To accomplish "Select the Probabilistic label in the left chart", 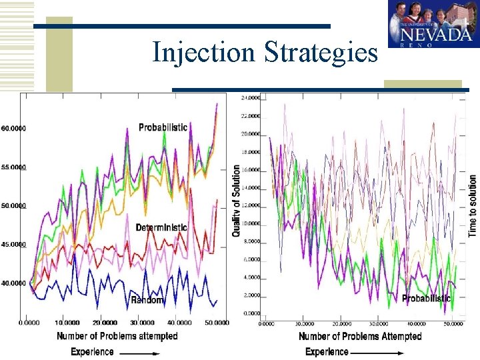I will point(163,127).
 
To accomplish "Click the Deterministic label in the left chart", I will point(161,227).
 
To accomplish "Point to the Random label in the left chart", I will point(147,300).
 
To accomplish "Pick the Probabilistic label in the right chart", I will point(427,298).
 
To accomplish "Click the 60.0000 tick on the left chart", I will point(13,128).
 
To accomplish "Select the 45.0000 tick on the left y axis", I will point(13,245).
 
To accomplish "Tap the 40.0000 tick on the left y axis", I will point(13,283).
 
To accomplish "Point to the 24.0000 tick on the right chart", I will point(251,98).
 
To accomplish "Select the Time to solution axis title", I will point(473,205).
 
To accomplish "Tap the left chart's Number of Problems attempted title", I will point(117,336).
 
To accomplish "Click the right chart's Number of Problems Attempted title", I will point(360,337).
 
